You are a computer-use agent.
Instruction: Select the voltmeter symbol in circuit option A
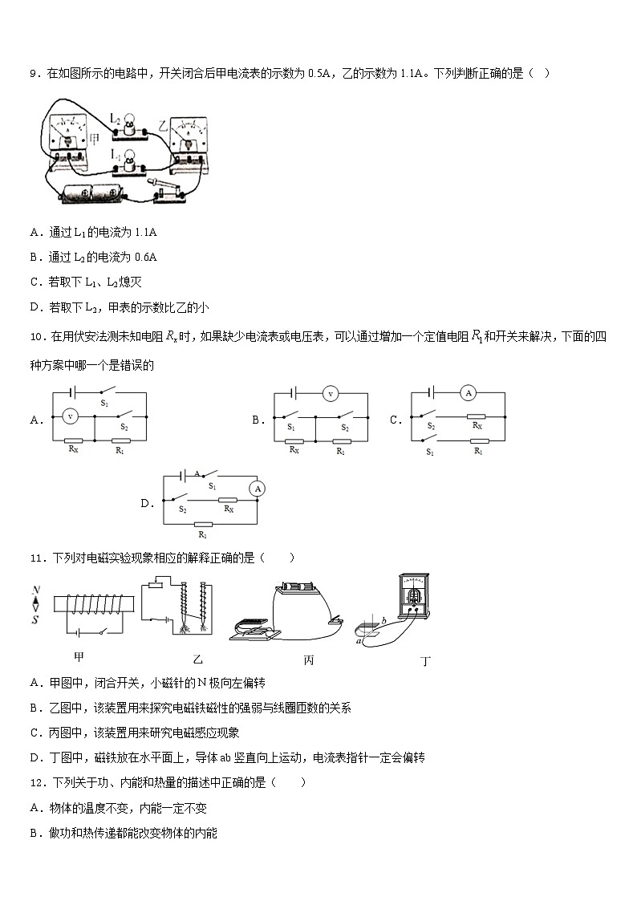[x=70, y=416]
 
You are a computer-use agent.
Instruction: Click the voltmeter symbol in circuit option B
[x=327, y=393]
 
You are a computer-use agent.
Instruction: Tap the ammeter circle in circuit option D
[x=257, y=488]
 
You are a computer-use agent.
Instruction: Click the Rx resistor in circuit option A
[x=73, y=440]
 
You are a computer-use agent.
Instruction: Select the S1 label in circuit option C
[x=431, y=452]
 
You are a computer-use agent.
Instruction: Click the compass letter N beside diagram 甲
[x=35, y=591]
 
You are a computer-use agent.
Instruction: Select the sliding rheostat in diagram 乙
[x=155, y=586]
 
